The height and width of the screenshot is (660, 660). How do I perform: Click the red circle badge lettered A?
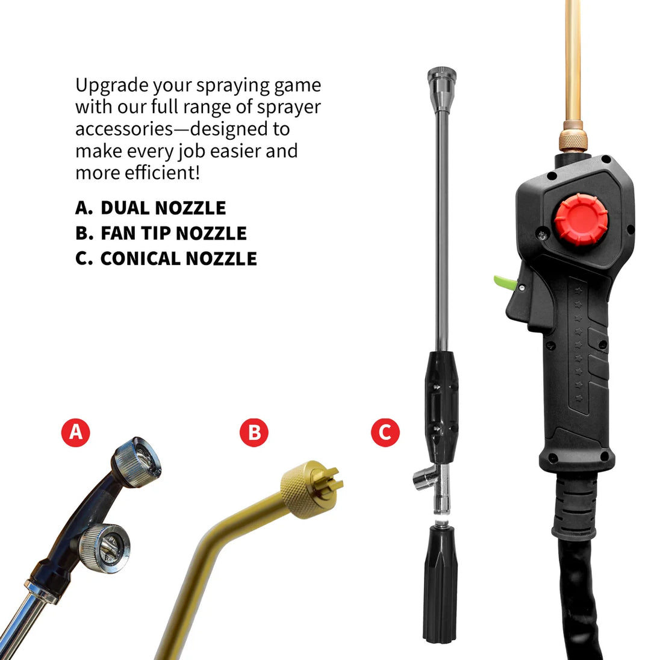tap(76, 432)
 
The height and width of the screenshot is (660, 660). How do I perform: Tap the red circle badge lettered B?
tap(254, 432)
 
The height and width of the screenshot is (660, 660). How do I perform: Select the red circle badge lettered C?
tap(385, 432)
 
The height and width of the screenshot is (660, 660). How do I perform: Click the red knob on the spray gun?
tap(581, 219)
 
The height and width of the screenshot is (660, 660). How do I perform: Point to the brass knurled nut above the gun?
tap(573, 135)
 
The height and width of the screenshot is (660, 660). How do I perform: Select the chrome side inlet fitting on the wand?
tap(424, 481)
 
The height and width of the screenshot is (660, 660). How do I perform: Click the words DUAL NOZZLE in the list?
tap(163, 208)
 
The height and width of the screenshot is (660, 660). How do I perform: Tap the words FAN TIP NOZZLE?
tap(173, 233)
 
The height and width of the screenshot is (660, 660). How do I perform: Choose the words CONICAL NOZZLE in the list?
tap(178, 258)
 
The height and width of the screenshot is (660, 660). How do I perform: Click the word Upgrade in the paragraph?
tap(112, 86)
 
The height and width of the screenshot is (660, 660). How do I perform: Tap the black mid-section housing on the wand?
tap(441, 408)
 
